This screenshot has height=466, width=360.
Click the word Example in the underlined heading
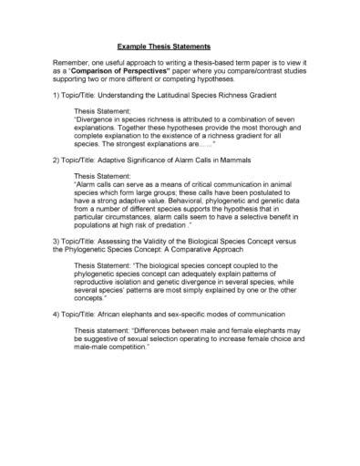tap(133, 46)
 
